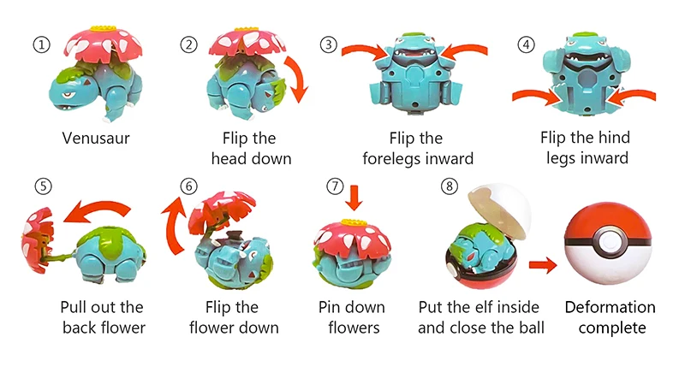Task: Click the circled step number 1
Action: click(39, 44)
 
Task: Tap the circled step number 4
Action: click(527, 44)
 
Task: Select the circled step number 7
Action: click(335, 186)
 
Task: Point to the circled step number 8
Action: click(446, 186)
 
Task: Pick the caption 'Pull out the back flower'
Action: click(102, 316)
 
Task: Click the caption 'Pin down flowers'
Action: click(351, 316)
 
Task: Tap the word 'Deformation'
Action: click(610, 307)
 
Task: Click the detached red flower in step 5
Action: click(35, 239)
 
